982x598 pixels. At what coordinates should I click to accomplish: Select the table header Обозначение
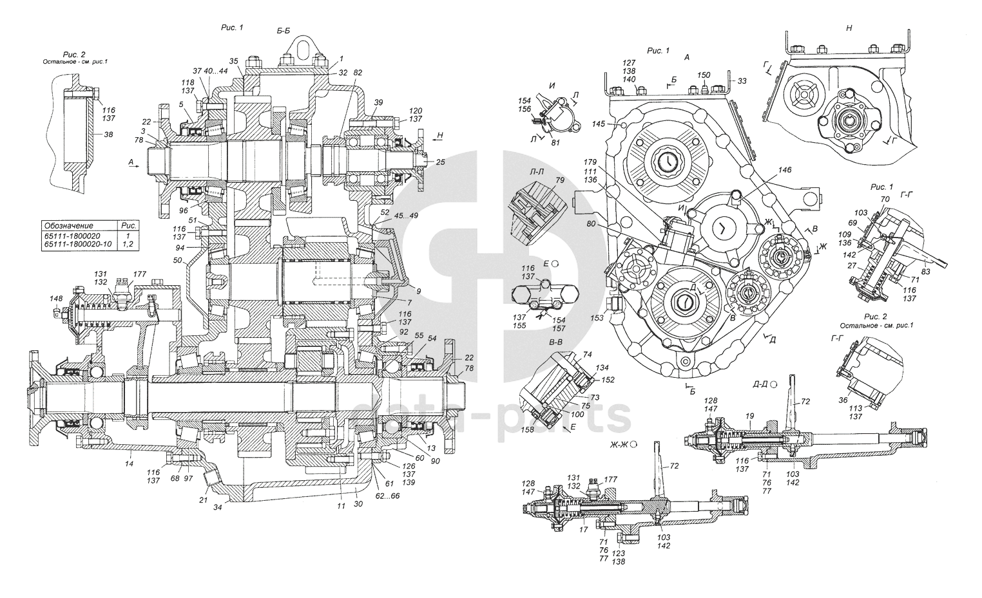click(x=68, y=227)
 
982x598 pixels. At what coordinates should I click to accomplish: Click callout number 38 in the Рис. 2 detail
click(x=108, y=135)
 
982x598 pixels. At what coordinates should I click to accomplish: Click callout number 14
click(x=129, y=463)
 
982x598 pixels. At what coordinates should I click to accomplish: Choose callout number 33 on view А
click(x=742, y=81)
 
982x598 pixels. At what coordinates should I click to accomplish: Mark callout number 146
click(x=784, y=171)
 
